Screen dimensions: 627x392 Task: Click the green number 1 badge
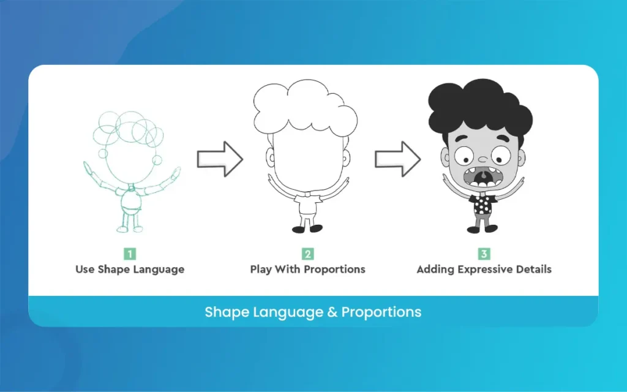[x=130, y=254]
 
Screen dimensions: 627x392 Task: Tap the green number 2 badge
[x=307, y=254]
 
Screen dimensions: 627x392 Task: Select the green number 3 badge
[x=484, y=254]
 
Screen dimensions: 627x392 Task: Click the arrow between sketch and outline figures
[x=220, y=159]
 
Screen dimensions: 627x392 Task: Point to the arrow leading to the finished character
[x=397, y=159]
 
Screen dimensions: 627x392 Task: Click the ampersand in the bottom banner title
[x=332, y=312]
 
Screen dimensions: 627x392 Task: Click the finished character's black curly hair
[x=480, y=106]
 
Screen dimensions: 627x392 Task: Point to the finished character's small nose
[x=483, y=159]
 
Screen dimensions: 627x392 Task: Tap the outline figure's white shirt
[x=308, y=205]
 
